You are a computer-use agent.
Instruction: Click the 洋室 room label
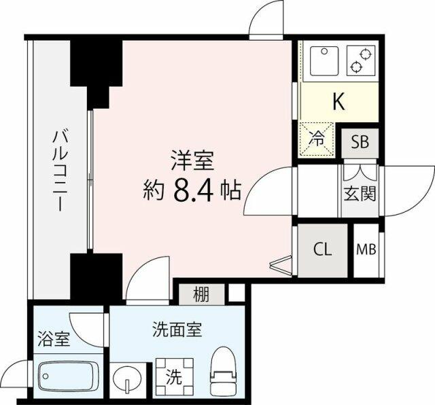click(x=193, y=160)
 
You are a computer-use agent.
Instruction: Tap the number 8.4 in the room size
click(x=193, y=191)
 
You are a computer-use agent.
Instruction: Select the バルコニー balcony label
click(x=60, y=171)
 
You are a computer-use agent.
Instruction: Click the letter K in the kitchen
click(x=338, y=101)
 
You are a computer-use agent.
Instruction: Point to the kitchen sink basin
click(x=324, y=61)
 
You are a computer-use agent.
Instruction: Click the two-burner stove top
click(x=361, y=61)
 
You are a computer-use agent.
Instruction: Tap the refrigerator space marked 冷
click(x=317, y=140)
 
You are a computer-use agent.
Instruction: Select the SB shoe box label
click(x=360, y=142)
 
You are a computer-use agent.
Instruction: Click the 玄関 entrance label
click(x=360, y=194)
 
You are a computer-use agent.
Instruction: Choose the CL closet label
click(x=322, y=249)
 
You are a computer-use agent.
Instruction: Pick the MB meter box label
click(x=366, y=249)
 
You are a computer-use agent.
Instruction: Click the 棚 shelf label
click(x=201, y=294)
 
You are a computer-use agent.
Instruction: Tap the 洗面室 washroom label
click(x=177, y=330)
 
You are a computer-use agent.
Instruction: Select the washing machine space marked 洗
click(x=174, y=377)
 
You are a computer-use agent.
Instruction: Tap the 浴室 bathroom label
click(x=54, y=339)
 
